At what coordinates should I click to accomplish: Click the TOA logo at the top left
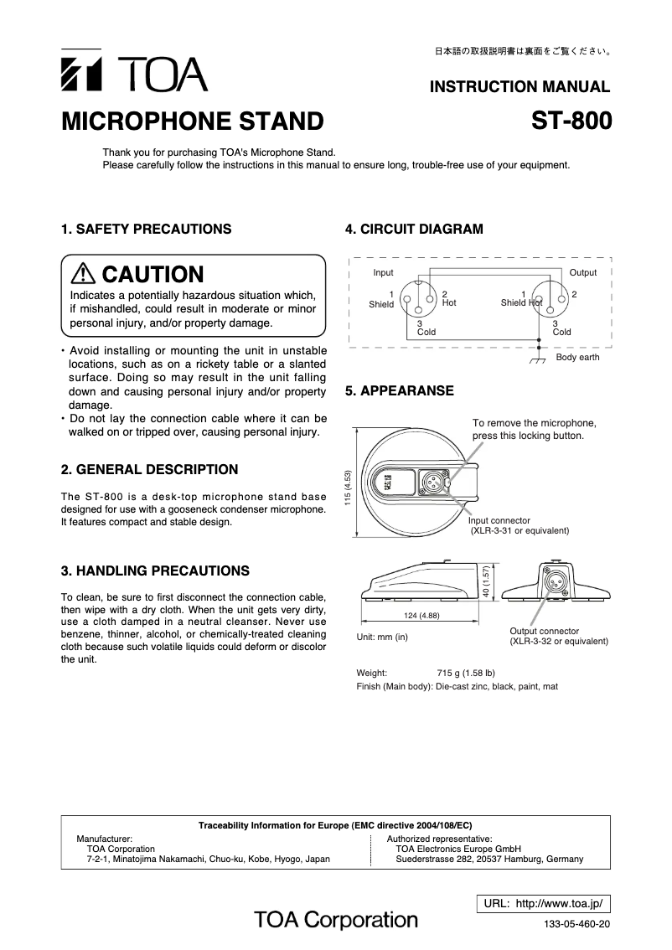click(134, 75)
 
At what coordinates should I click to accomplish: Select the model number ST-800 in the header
click(571, 121)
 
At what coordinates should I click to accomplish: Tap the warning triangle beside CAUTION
click(84, 274)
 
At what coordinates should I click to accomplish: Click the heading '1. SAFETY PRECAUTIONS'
click(147, 229)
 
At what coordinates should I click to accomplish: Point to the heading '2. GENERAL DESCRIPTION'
click(149, 469)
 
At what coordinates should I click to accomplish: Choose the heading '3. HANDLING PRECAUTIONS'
click(155, 571)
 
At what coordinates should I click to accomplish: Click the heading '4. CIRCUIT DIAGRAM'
click(414, 229)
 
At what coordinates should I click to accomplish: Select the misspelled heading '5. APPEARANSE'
click(400, 390)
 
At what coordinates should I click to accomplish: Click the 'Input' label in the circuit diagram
click(383, 273)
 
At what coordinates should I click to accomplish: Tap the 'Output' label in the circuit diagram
click(582, 273)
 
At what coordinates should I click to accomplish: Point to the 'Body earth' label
click(577, 358)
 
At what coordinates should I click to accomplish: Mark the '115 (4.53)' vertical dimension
click(347, 485)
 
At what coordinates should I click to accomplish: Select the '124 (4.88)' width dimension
click(421, 616)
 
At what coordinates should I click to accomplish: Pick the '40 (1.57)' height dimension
click(486, 581)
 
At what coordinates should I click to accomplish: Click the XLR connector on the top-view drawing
click(437, 483)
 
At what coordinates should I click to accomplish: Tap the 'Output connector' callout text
click(544, 631)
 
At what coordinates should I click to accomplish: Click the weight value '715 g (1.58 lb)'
click(466, 673)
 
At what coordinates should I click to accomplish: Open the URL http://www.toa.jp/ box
click(543, 903)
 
